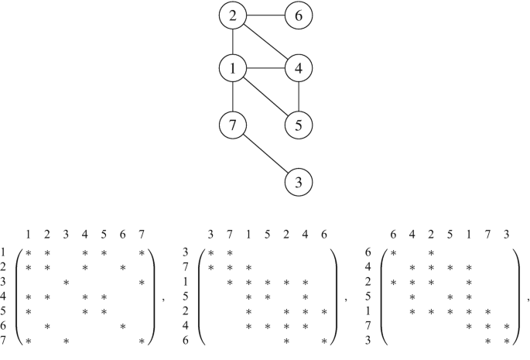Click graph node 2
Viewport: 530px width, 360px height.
tap(233, 15)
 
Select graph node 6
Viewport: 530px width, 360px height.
tap(299, 15)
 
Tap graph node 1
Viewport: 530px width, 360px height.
tap(233, 70)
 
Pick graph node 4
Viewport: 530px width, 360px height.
tap(299, 70)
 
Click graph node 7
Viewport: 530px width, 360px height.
tap(233, 124)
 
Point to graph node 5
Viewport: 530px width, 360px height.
tap(299, 124)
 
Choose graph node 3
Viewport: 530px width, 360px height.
tap(299, 183)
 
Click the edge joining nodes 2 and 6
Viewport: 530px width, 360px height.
tap(265, 15)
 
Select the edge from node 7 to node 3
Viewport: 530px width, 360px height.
tap(265, 153)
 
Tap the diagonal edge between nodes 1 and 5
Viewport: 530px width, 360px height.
tap(265, 97)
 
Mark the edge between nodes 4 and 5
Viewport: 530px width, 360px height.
tap(299, 97)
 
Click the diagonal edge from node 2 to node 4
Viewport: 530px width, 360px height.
tap(265, 43)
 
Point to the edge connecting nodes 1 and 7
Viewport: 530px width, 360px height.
tap(233, 97)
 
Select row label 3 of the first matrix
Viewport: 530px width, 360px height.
tap(4, 282)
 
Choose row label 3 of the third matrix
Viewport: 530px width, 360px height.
tap(368, 341)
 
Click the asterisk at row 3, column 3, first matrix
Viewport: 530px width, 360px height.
tap(66, 282)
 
